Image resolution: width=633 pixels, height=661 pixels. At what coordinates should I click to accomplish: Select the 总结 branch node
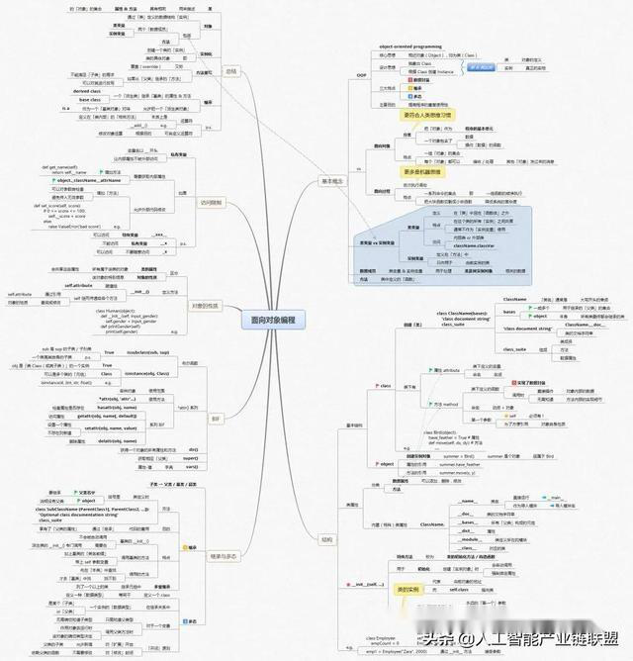[x=229, y=72]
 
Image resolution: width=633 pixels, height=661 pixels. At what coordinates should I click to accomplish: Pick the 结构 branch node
[x=327, y=540]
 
